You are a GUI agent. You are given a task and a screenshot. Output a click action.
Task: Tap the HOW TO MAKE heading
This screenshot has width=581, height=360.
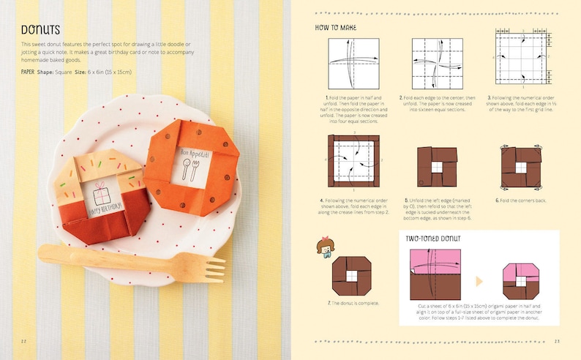[x=336, y=27]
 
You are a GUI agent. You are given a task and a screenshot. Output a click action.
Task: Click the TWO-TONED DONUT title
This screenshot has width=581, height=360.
[x=437, y=239]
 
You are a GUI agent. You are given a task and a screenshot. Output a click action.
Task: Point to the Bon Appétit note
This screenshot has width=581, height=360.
[x=194, y=165]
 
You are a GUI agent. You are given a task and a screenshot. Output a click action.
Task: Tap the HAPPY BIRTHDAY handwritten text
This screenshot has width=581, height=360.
[x=107, y=211]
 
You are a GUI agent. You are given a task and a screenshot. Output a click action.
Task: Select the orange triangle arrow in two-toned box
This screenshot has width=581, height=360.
[x=479, y=281]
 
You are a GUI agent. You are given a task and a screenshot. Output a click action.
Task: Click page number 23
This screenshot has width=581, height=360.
[x=556, y=341]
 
